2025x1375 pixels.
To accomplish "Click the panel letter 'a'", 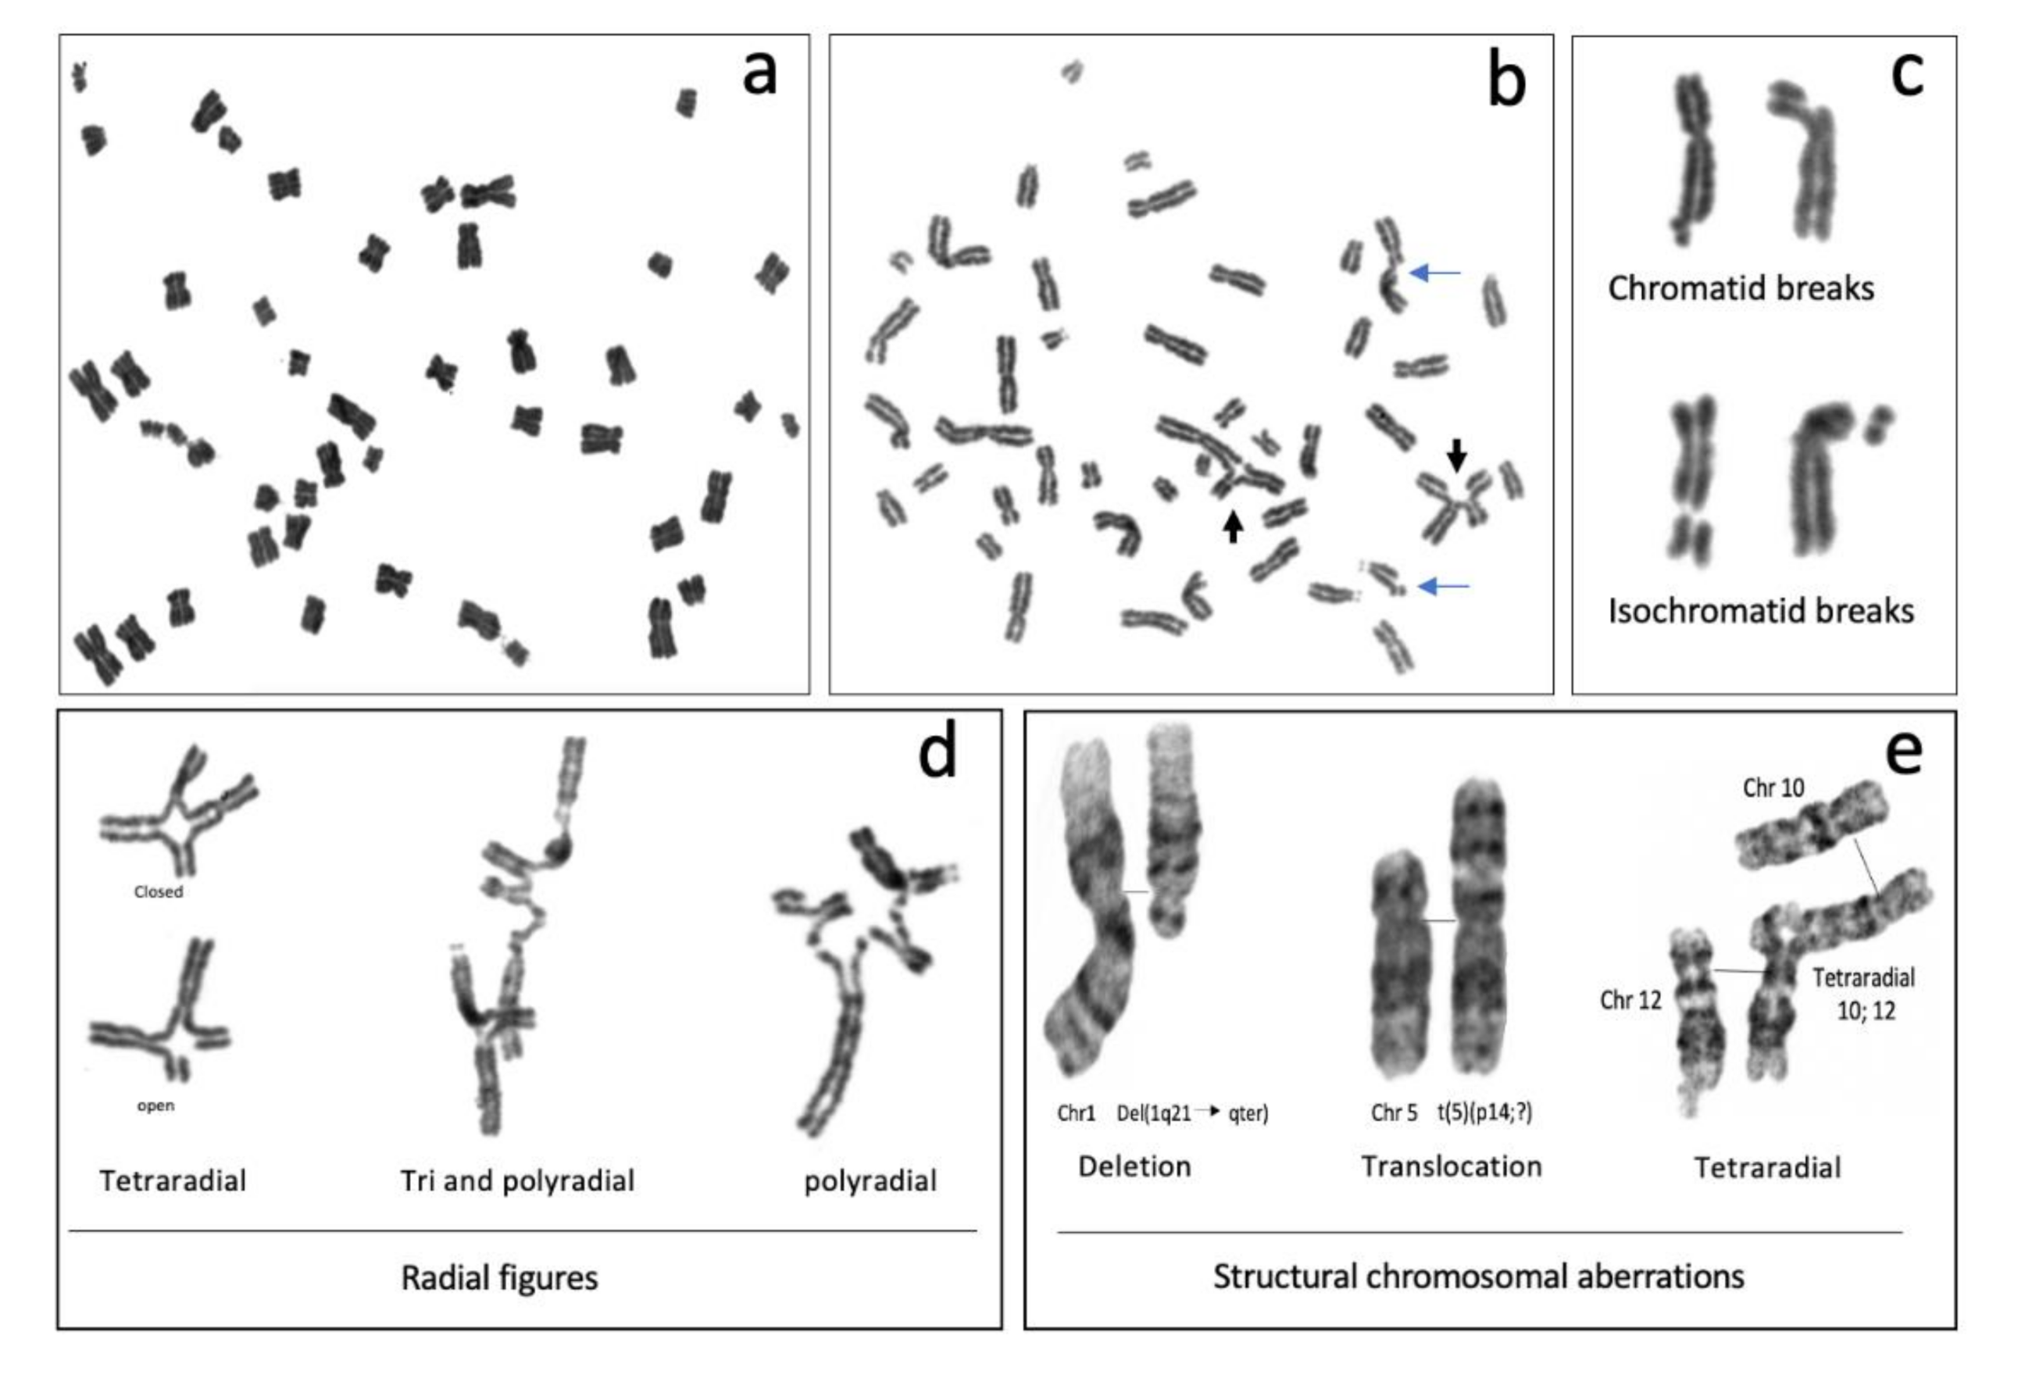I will click(x=759, y=73).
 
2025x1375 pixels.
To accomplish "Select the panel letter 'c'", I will click(x=1907, y=74).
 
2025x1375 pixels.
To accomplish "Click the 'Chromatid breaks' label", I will click(x=1740, y=288).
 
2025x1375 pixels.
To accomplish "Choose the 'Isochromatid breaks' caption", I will click(x=1760, y=611).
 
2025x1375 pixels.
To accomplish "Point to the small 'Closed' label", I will click(x=159, y=891).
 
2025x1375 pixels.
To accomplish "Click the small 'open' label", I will click(x=155, y=1105).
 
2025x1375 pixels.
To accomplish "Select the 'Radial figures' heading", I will click(x=499, y=1277).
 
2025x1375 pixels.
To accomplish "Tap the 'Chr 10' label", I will click(x=1773, y=787).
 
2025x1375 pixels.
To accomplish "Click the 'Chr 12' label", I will click(x=1630, y=999).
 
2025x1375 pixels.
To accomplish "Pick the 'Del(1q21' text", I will click(x=1154, y=1112).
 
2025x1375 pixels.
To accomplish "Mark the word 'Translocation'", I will click(x=1452, y=1166).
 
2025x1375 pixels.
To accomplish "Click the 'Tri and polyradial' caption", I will click(x=516, y=1180).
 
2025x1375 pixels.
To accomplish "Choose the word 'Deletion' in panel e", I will click(x=1134, y=1166).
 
